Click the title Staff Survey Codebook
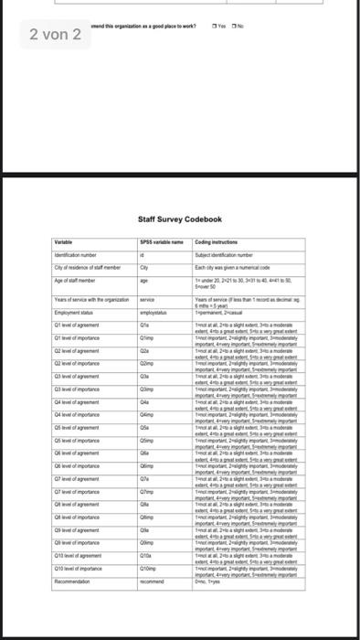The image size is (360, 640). tap(179, 219)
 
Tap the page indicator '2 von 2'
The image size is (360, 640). tap(55, 35)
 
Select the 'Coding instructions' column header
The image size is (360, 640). tap(222, 241)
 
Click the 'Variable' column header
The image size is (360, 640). tap(64, 241)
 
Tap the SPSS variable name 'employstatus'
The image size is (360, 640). tap(152, 312)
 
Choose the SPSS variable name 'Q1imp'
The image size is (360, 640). tap(145, 336)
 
